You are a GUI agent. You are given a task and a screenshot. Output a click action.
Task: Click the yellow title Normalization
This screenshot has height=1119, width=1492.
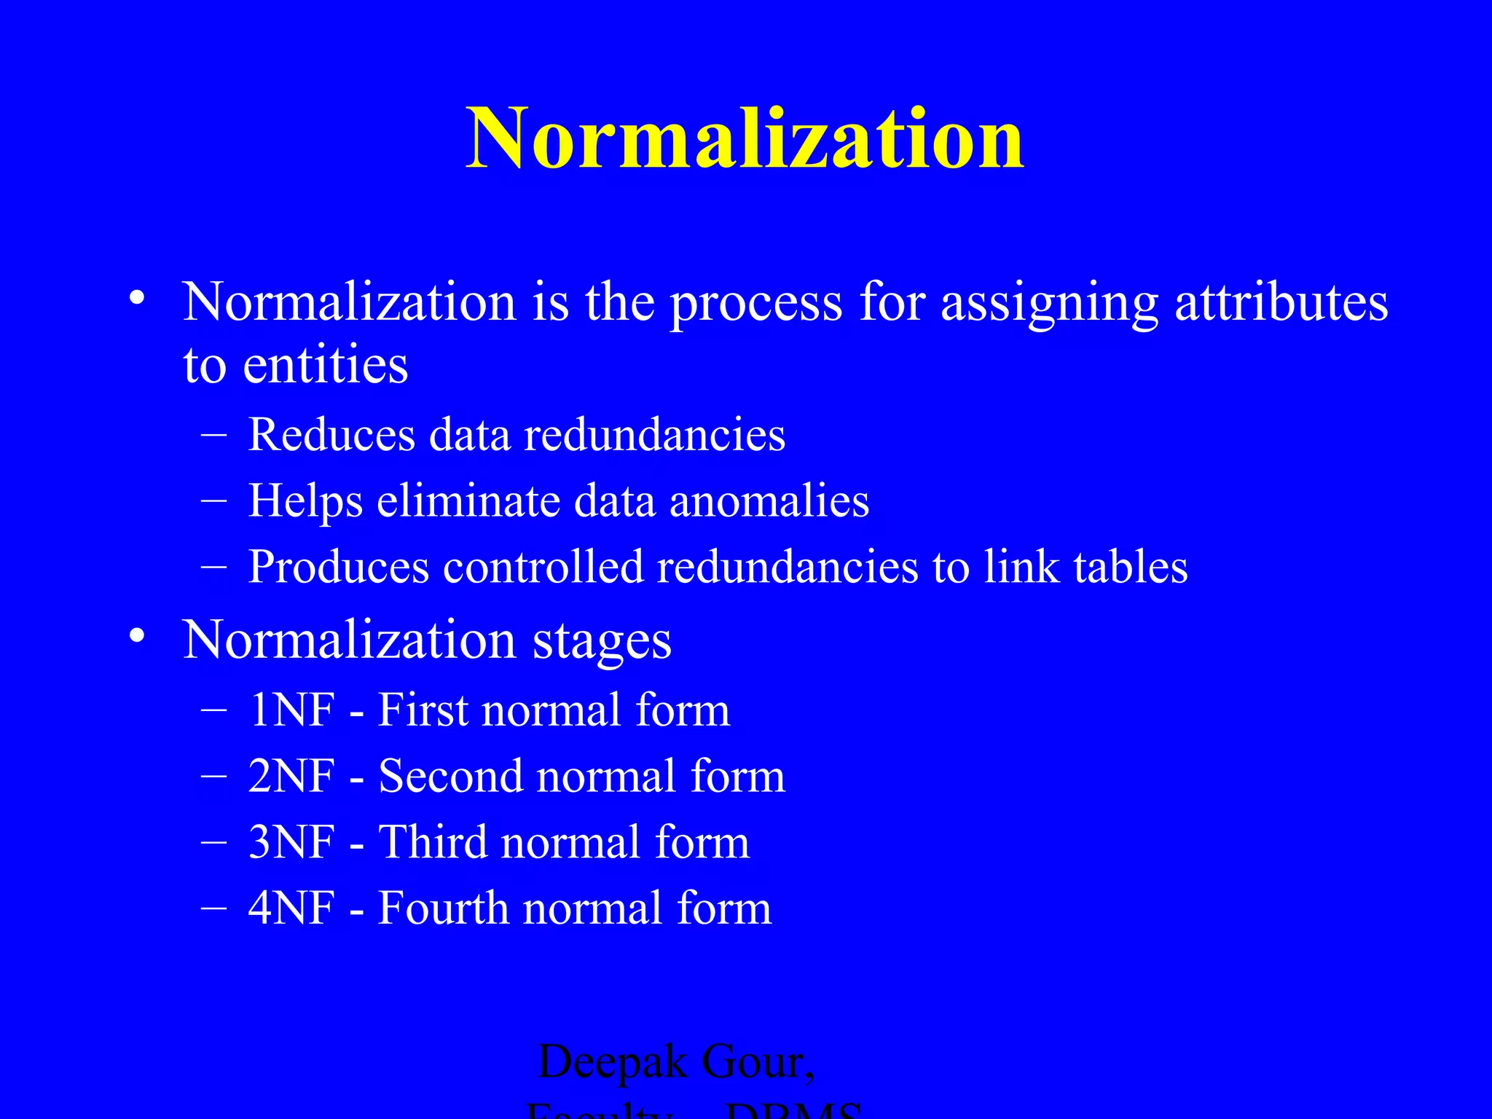point(745,138)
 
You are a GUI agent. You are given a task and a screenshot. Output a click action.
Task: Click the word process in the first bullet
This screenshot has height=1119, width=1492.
point(756,302)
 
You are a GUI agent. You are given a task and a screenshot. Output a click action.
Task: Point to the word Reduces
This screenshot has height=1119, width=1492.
point(332,435)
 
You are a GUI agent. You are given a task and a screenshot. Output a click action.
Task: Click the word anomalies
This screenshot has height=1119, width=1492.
point(769,501)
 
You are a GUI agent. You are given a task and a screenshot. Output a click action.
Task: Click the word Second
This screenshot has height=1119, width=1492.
point(449,776)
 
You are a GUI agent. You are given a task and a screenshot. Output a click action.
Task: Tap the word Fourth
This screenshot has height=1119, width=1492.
point(443,908)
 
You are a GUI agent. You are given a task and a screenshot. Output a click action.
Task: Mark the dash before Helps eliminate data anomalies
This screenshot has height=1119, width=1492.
point(213,501)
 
